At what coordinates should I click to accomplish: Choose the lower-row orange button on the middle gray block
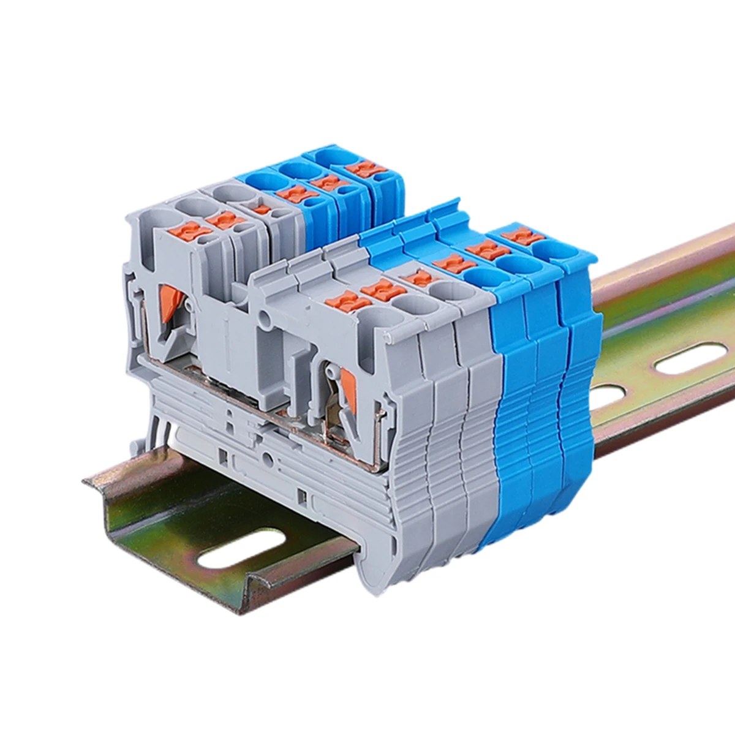382,289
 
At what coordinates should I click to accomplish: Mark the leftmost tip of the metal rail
85,482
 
